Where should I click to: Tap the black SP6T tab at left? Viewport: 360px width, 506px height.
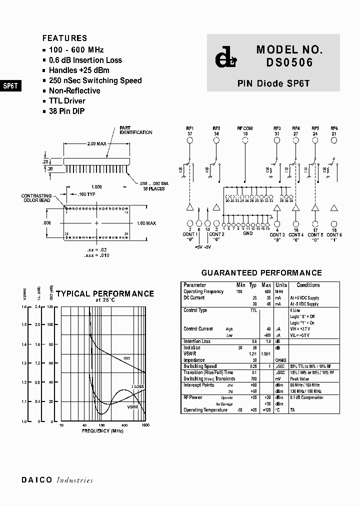click(10, 85)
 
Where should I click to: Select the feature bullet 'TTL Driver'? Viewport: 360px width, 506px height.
click(67, 101)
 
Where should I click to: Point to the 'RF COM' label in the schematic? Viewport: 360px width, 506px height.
click(245, 128)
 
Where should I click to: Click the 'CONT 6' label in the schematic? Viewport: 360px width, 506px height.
click(333, 235)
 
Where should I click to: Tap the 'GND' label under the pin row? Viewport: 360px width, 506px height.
click(248, 233)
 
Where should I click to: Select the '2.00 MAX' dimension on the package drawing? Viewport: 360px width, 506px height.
click(96, 144)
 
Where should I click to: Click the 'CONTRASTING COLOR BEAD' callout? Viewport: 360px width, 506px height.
click(36, 198)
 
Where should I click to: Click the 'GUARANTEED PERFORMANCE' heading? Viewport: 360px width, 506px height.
click(261, 273)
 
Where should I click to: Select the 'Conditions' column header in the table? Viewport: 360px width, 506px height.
click(308, 285)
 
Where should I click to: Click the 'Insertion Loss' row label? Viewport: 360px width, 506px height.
click(197, 341)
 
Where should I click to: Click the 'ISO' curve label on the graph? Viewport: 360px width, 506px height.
click(127, 358)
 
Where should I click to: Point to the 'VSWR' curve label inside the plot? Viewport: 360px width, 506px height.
click(132, 407)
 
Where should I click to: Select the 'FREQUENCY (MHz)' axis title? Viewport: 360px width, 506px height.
click(102, 430)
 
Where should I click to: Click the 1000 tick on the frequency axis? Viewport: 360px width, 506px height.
click(145, 425)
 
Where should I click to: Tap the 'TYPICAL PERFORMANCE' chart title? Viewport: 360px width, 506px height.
click(105, 294)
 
